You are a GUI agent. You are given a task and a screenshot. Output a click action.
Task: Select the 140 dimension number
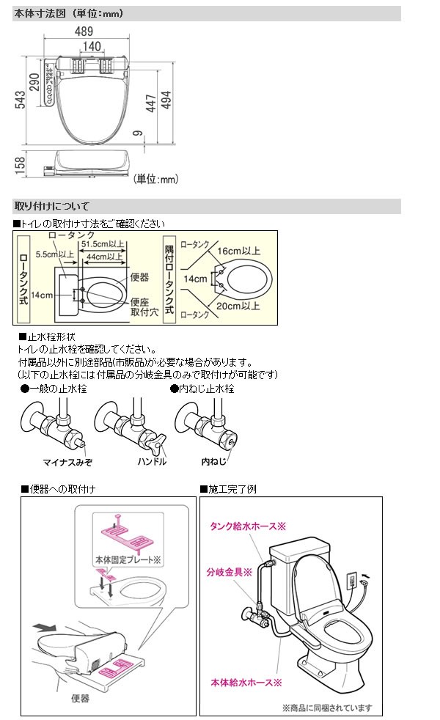point(92,46)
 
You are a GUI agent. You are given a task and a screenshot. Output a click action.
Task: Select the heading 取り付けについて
point(51,206)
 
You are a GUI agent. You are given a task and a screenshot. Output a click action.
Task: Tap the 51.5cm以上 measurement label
point(103,243)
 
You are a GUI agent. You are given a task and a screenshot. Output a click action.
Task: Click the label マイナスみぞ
point(66,462)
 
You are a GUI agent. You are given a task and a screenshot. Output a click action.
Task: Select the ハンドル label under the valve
point(152,462)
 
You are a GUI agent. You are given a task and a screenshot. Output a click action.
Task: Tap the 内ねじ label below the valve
point(214,462)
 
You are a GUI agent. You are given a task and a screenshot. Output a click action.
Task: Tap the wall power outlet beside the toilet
point(351,581)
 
